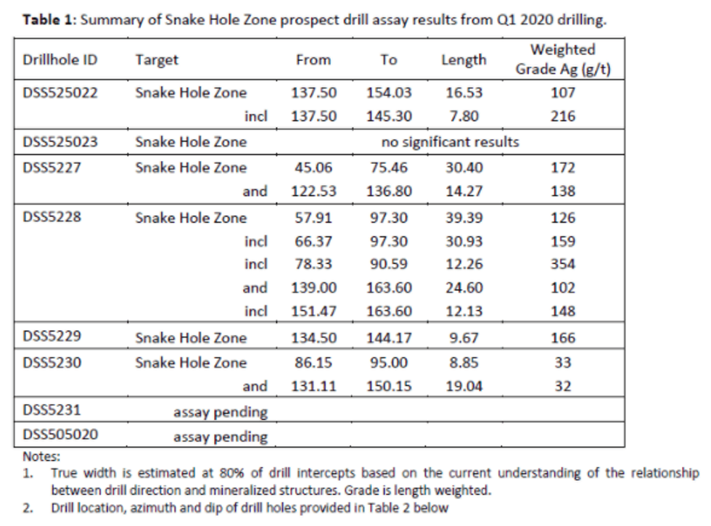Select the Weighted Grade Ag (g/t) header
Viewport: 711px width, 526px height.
pos(563,60)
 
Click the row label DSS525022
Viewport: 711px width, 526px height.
pos(61,93)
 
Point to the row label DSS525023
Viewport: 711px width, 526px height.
pos(61,142)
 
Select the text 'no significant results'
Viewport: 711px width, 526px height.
pos(450,142)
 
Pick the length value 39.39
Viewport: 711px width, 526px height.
pos(464,218)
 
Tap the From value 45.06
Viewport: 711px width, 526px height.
pos(313,168)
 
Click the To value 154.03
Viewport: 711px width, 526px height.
pos(389,93)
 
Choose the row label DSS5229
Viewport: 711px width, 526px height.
pos(52,337)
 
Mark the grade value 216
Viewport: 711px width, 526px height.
pos(563,116)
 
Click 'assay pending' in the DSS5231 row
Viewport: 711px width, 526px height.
pos(221,413)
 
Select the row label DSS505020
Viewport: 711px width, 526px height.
pos(61,435)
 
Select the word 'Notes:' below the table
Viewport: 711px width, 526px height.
pos(42,457)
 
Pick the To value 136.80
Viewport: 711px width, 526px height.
pos(389,192)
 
